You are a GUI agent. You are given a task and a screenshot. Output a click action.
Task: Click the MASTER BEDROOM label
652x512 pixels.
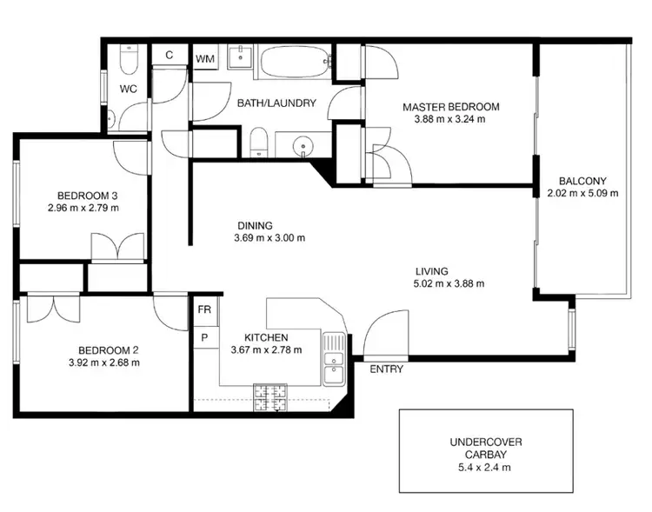[450, 107]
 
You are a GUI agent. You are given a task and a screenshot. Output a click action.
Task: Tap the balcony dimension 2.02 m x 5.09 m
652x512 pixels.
[582, 193]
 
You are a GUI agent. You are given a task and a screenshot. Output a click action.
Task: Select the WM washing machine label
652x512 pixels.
[205, 58]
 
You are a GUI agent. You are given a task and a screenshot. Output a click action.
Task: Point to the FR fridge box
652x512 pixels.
[205, 309]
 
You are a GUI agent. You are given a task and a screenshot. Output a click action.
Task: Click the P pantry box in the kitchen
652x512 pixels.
[205, 337]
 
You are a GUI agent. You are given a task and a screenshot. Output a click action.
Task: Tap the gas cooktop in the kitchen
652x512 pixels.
[271, 396]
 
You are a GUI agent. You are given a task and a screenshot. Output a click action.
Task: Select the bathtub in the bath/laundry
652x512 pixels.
[296, 61]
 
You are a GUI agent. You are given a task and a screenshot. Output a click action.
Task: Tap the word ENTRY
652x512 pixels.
[386, 369]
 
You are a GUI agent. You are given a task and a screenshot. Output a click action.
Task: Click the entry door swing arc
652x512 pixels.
[383, 332]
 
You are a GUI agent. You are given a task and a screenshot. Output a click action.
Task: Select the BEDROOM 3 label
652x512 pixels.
[84, 196]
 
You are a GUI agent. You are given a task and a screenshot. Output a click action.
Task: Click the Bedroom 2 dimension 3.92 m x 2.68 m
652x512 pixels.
[103, 362]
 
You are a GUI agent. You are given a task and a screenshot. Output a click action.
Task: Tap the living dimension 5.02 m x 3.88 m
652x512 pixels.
[449, 283]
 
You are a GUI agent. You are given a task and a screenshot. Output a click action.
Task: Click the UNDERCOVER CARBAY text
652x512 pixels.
[485, 448]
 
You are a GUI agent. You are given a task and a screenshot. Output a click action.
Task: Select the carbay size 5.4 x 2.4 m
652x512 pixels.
[485, 467]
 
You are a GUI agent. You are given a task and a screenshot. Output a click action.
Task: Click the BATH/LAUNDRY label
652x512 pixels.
[276, 103]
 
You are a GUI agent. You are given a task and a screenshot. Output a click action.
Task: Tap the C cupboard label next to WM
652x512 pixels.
[169, 55]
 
